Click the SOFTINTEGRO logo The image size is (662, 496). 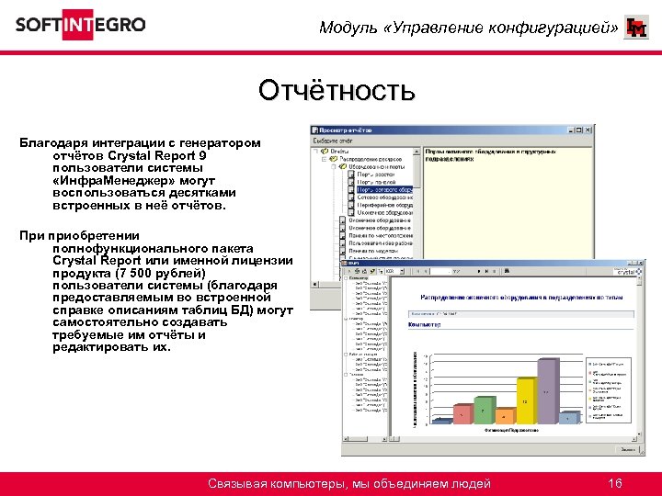[x=80, y=25]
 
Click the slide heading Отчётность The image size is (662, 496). [x=337, y=91]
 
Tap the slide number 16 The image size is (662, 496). [x=615, y=483]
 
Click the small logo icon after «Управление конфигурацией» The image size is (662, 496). [x=635, y=28]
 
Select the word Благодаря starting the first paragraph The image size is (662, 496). [x=53, y=143]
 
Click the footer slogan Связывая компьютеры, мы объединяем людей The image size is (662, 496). [x=348, y=483]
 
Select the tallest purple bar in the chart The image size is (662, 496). [x=546, y=390]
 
